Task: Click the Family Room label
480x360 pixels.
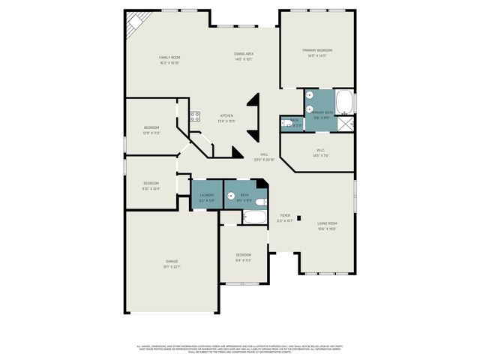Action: click(x=170, y=58)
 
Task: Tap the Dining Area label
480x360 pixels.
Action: click(x=243, y=54)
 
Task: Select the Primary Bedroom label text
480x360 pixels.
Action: click(x=317, y=50)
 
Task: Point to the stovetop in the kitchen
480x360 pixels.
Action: click(x=194, y=116)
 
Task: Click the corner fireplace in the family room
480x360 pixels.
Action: click(x=134, y=23)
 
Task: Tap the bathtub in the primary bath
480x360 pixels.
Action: click(x=344, y=102)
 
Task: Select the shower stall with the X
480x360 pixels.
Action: click(x=346, y=125)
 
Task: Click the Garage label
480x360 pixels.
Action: click(x=172, y=262)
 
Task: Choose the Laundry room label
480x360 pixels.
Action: click(x=206, y=195)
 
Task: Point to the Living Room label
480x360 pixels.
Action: click(x=327, y=223)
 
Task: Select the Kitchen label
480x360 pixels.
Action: click(x=226, y=115)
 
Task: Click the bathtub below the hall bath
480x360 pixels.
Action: click(x=255, y=218)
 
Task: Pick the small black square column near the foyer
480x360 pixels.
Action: click(x=299, y=218)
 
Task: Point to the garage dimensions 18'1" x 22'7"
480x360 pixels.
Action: click(x=172, y=267)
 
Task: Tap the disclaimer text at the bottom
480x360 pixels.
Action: click(x=239, y=349)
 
